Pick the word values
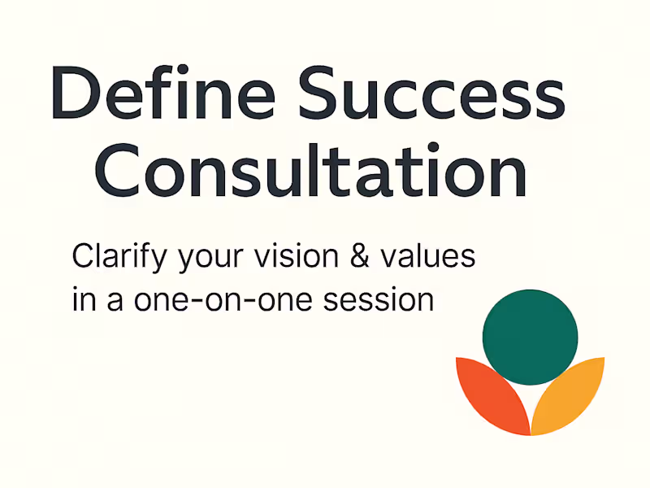[431, 257]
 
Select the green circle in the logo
[530, 337]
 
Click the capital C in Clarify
[84, 258]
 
